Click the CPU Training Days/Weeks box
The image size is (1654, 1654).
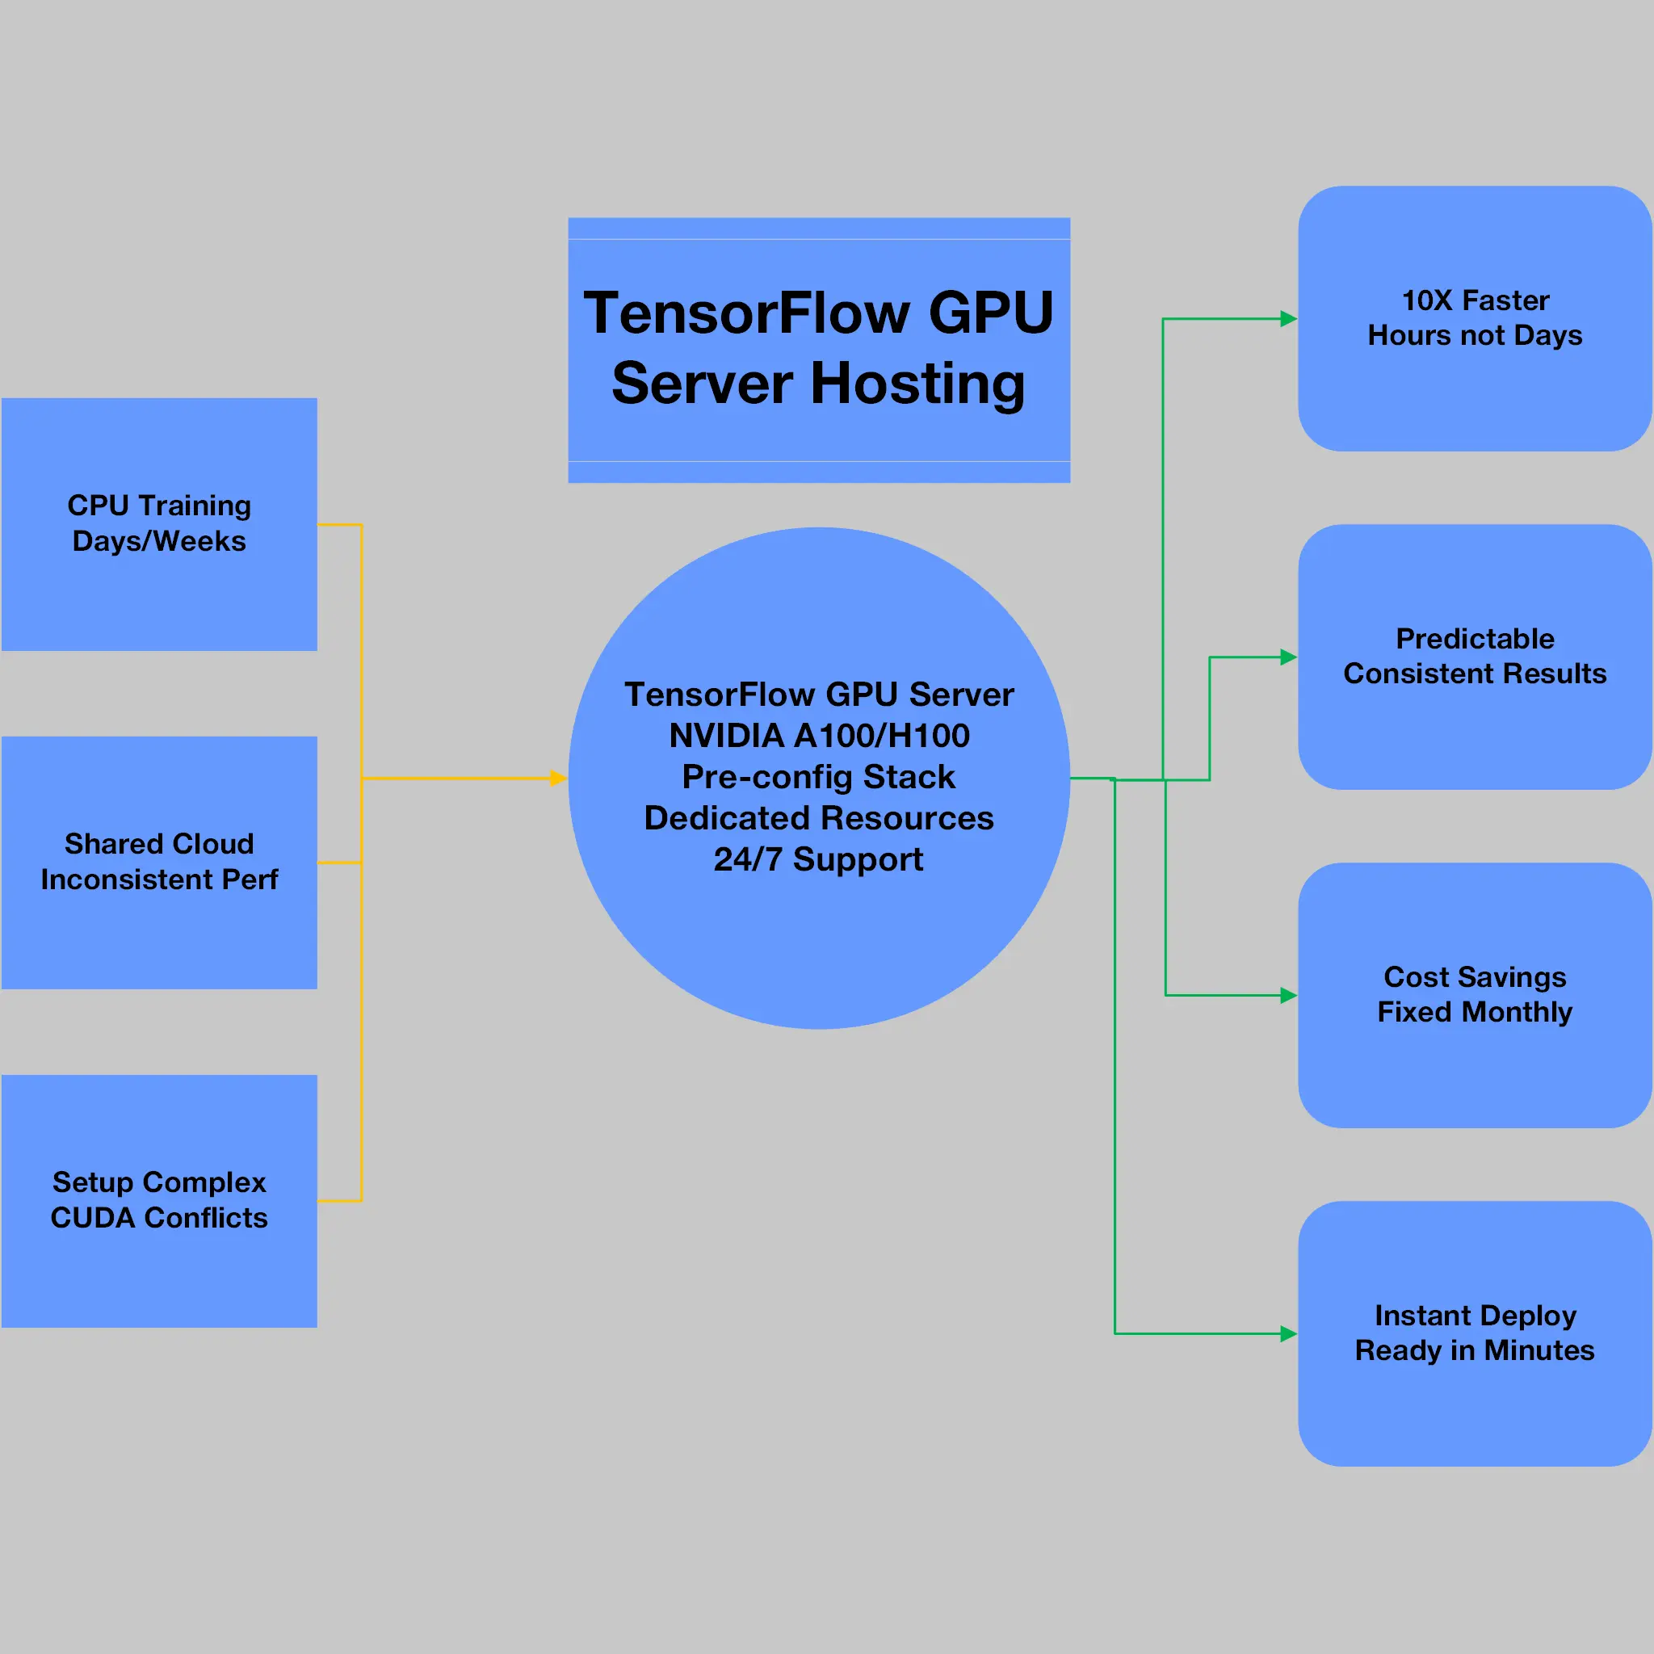[159, 524]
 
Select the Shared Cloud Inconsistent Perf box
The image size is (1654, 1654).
[159, 862]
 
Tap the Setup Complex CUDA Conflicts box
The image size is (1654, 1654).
[159, 1200]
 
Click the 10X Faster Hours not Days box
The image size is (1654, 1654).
[1474, 318]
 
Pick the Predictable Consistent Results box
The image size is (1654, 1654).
[1474, 657]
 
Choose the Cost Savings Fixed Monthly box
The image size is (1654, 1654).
[1474, 995]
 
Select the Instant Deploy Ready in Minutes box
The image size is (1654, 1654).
[1474, 1333]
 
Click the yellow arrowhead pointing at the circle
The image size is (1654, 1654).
[558, 779]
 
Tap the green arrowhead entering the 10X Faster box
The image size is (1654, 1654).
[1288, 319]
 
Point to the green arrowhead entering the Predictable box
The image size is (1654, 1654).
[1288, 657]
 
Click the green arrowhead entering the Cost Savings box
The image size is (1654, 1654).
[1288, 996]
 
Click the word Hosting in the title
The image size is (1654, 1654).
[917, 384]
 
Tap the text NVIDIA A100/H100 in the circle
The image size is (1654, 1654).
[819, 736]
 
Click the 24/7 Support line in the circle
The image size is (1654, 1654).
[819, 859]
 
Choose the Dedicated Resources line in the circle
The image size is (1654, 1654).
[819, 818]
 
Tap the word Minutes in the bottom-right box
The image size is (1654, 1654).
[1539, 1351]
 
